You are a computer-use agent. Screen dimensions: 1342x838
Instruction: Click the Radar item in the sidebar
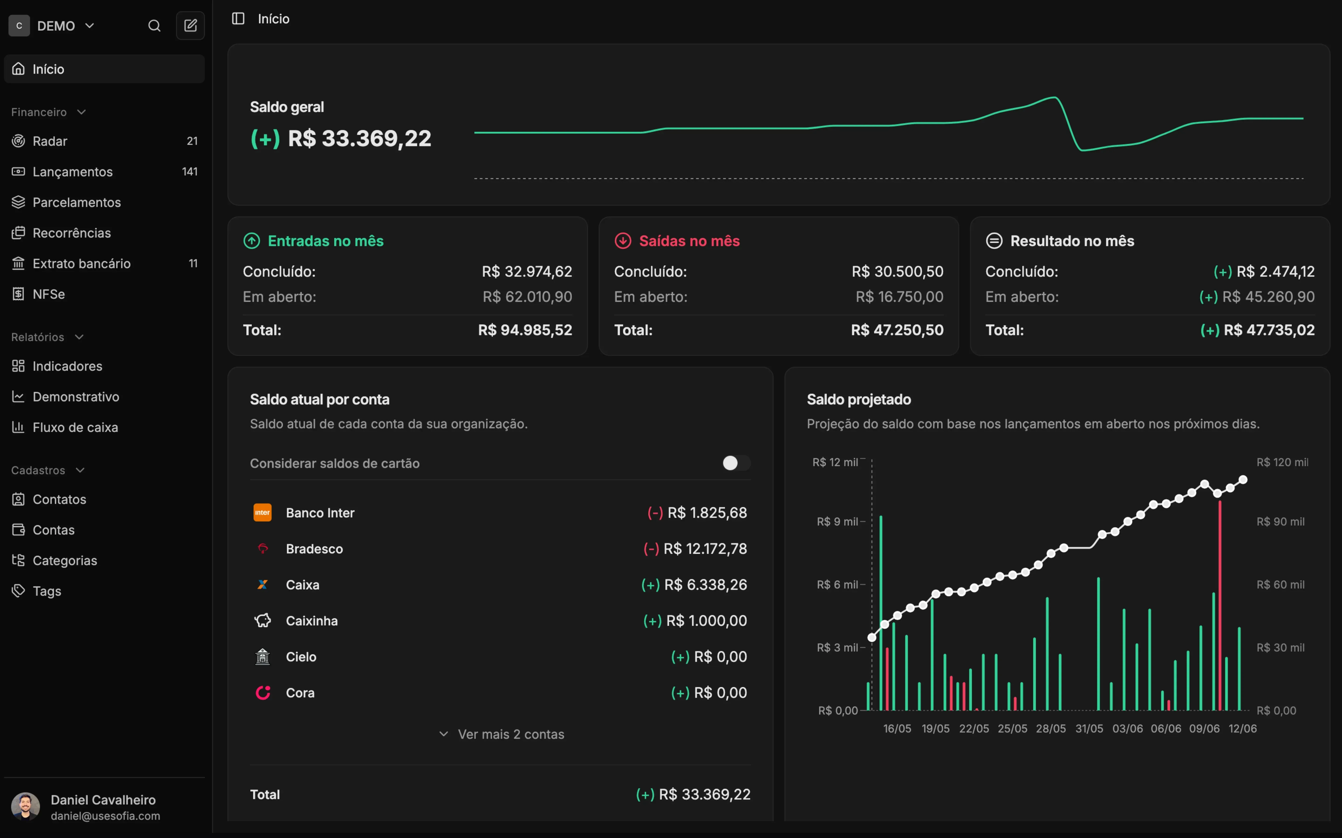click(49, 141)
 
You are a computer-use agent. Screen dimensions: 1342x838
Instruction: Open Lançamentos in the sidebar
click(72, 172)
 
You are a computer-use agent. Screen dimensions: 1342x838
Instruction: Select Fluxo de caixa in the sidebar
click(75, 427)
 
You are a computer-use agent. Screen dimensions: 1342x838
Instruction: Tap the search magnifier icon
click(154, 26)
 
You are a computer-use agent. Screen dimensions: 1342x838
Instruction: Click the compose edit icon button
click(190, 26)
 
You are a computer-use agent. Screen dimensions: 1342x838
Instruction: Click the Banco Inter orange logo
click(262, 513)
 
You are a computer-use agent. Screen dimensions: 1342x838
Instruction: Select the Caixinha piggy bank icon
click(262, 621)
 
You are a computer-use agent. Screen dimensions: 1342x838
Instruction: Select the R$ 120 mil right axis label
click(1282, 462)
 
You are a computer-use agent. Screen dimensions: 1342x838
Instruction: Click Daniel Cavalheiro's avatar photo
click(25, 806)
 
